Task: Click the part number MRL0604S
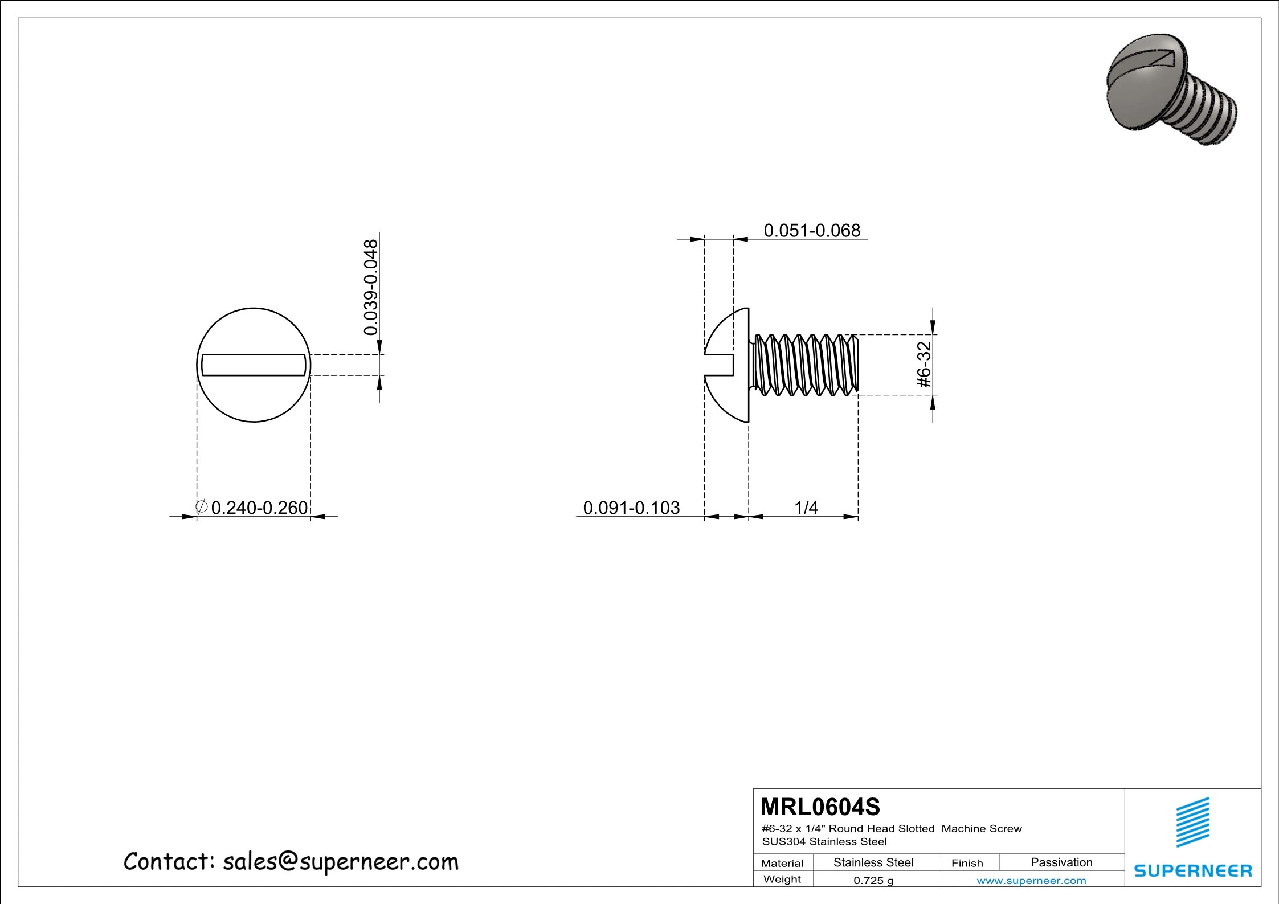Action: pyautogui.click(x=820, y=807)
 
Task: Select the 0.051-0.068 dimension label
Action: pyautogui.click(x=811, y=231)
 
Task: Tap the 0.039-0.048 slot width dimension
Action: pyautogui.click(x=371, y=287)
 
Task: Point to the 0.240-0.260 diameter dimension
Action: pyautogui.click(x=259, y=508)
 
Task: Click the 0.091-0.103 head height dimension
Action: pyautogui.click(x=631, y=508)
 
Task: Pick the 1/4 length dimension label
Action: pyautogui.click(x=806, y=508)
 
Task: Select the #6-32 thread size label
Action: pyautogui.click(x=924, y=365)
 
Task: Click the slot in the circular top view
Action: pyautogui.click(x=254, y=365)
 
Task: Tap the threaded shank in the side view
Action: pyautogui.click(x=806, y=365)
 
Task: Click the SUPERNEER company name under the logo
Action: pyautogui.click(x=1192, y=870)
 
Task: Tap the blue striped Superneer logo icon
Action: pyautogui.click(x=1193, y=823)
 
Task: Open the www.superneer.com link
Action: pyautogui.click(x=1031, y=881)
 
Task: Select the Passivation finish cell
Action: pyautogui.click(x=1061, y=862)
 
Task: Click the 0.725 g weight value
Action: pyautogui.click(x=873, y=881)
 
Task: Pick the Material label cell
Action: pyautogui.click(x=782, y=863)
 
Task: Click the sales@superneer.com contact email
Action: pyautogui.click(x=340, y=862)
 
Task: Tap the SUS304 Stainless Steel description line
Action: pyautogui.click(x=824, y=841)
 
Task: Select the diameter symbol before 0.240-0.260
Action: pyautogui.click(x=201, y=506)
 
